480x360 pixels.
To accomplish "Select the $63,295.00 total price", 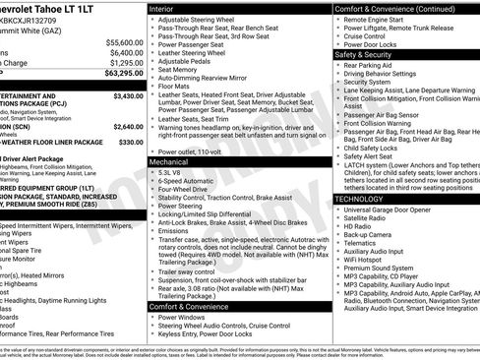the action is (x=121, y=73).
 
